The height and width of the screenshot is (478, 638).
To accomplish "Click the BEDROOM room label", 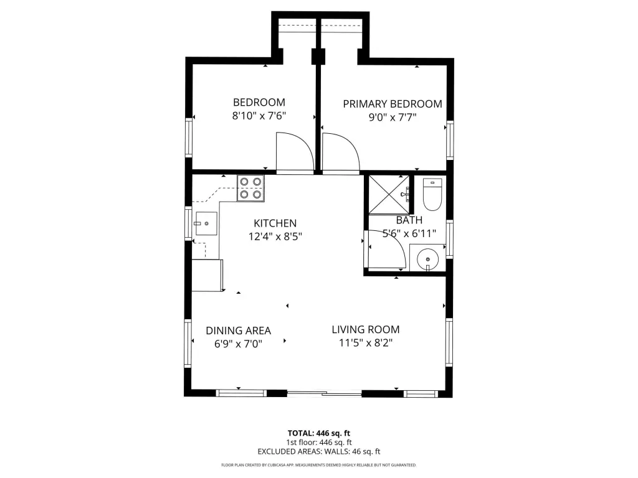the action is (259, 102).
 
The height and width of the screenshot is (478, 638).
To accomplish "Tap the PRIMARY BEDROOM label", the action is (393, 104).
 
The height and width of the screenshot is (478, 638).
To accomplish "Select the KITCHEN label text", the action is (275, 223).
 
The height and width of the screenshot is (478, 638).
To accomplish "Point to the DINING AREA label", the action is (238, 330).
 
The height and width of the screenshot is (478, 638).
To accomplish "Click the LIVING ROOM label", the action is (365, 329).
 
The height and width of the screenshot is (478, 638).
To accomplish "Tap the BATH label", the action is (409, 220).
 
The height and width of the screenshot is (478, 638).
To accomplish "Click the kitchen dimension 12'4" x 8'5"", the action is (275, 236).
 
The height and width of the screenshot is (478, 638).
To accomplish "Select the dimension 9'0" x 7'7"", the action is (393, 118).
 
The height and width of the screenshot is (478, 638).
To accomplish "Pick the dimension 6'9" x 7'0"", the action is (238, 344).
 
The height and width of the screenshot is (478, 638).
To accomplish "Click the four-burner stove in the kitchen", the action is (250, 188).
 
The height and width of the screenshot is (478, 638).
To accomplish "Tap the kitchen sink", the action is (206, 223).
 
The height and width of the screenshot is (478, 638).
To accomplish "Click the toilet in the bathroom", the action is (432, 194).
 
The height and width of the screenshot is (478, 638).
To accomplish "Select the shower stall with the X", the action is (389, 195).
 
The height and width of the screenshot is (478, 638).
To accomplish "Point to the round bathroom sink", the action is (427, 258).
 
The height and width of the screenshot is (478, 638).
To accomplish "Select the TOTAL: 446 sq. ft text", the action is (319, 433).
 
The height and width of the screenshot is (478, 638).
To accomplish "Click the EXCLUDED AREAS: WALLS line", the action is (319, 451).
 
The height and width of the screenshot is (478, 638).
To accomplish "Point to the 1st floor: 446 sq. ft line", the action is (319, 443).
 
